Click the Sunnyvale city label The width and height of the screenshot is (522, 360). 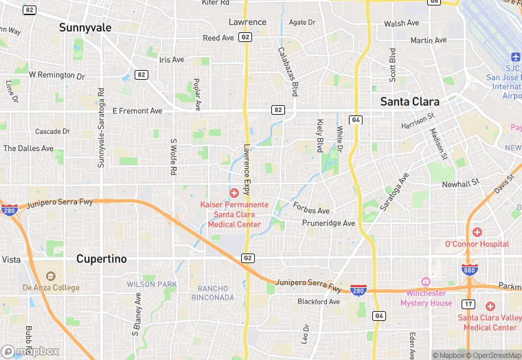click(x=84, y=27)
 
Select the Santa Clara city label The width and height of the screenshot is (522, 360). click(x=409, y=101)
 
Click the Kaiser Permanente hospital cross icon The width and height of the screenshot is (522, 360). click(x=234, y=193)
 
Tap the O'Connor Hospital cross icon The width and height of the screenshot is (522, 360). click(x=477, y=232)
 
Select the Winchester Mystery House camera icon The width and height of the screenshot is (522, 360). click(x=426, y=282)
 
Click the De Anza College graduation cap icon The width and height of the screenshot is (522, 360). click(x=50, y=276)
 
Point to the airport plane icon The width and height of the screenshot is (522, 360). click(x=516, y=56)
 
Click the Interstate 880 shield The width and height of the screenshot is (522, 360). click(x=470, y=270)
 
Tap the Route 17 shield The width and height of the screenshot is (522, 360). click(x=469, y=303)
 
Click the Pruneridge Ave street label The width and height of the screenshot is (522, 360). click(x=328, y=223)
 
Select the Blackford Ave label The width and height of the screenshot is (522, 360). click(x=318, y=302)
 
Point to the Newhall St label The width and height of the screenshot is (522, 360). click(x=460, y=184)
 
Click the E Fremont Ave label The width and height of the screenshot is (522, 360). click(x=137, y=111)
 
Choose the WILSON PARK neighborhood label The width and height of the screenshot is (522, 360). click(x=151, y=284)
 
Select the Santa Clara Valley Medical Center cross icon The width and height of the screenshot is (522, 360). click(x=490, y=306)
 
